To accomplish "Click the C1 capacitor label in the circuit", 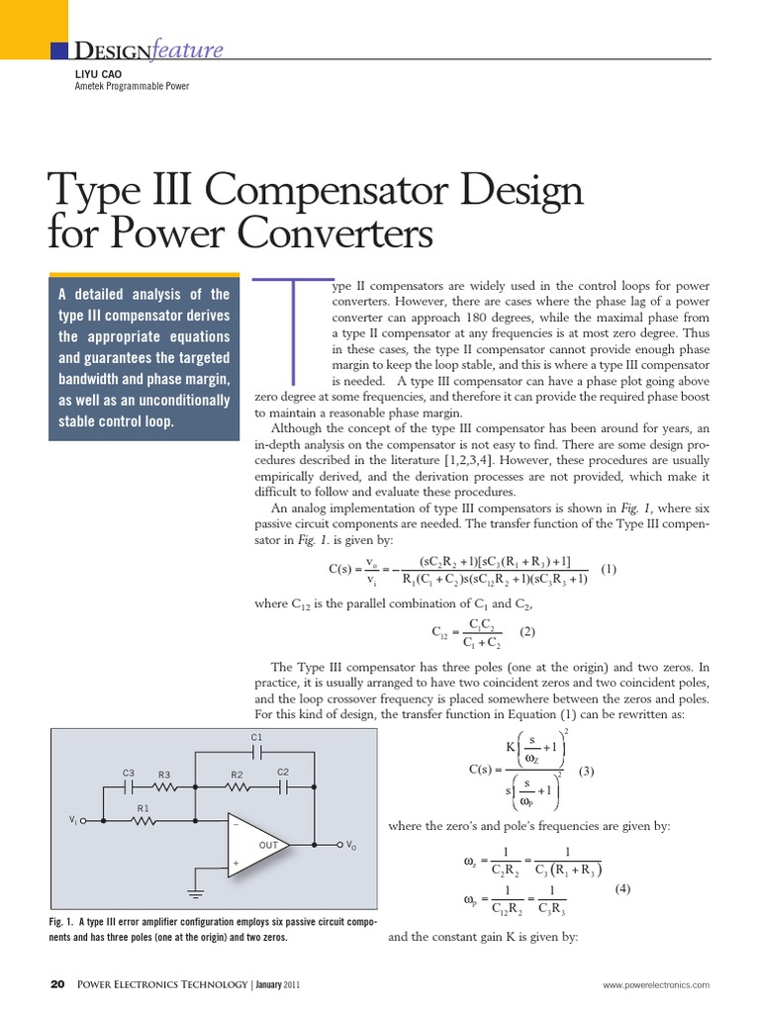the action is [x=257, y=737].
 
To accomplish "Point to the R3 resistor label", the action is [x=164, y=774].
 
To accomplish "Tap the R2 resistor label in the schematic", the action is [x=237, y=774].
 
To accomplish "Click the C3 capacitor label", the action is [x=128, y=773].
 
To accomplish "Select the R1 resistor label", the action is [x=142, y=808].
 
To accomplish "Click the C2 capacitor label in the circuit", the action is [x=282, y=772].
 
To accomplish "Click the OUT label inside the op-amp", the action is [x=268, y=846].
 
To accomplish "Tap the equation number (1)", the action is [x=609, y=569].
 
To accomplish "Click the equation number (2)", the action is [x=527, y=631].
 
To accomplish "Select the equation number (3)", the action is [x=587, y=771].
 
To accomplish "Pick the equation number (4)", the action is [x=622, y=887].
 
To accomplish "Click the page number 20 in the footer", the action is [x=57, y=984].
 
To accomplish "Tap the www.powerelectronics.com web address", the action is [x=657, y=985].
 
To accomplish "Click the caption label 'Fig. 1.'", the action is [x=61, y=923].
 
